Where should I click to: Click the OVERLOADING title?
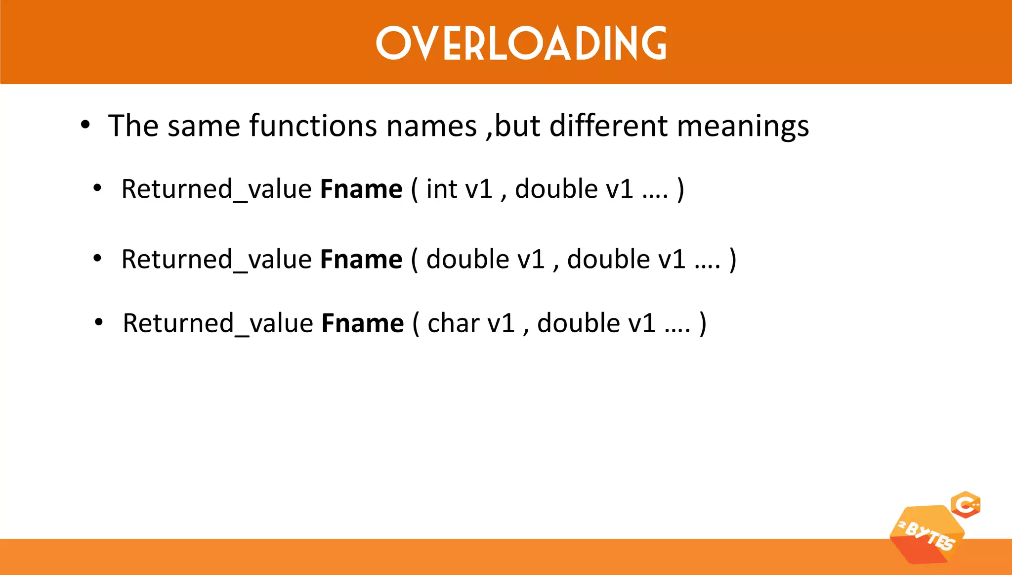521,43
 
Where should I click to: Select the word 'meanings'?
743,127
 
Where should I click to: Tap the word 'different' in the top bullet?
608,126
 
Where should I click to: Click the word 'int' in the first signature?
441,189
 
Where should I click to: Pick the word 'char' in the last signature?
453,323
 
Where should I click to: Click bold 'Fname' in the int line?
361,189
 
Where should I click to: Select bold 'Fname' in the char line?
363,323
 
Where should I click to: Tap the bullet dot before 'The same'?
85,125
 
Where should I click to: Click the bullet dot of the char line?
99,322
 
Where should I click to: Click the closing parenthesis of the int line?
681,189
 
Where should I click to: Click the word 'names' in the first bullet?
431,126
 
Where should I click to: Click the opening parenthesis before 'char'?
416,323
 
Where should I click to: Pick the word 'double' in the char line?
578,323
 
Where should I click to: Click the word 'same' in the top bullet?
203,126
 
